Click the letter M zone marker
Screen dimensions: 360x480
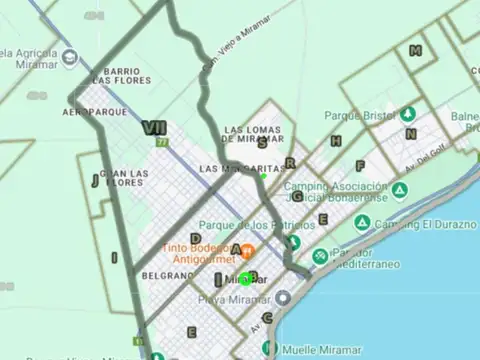(x=415, y=51)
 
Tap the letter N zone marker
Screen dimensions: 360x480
(x=411, y=133)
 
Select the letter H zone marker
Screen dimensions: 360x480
(x=336, y=141)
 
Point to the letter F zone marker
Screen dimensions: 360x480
(x=359, y=166)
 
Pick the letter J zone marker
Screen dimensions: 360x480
(x=95, y=181)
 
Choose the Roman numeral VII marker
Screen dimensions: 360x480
(x=154, y=127)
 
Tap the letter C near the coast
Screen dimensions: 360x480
(x=267, y=318)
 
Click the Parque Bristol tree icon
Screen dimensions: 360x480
(x=409, y=113)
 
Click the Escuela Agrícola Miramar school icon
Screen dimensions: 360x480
(x=69, y=56)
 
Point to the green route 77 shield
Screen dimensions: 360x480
(x=160, y=143)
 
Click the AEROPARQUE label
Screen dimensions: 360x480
(x=94, y=112)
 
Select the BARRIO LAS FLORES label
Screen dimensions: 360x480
(x=126, y=76)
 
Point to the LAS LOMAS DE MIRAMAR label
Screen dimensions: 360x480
(x=254, y=135)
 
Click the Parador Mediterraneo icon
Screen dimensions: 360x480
(x=319, y=256)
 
